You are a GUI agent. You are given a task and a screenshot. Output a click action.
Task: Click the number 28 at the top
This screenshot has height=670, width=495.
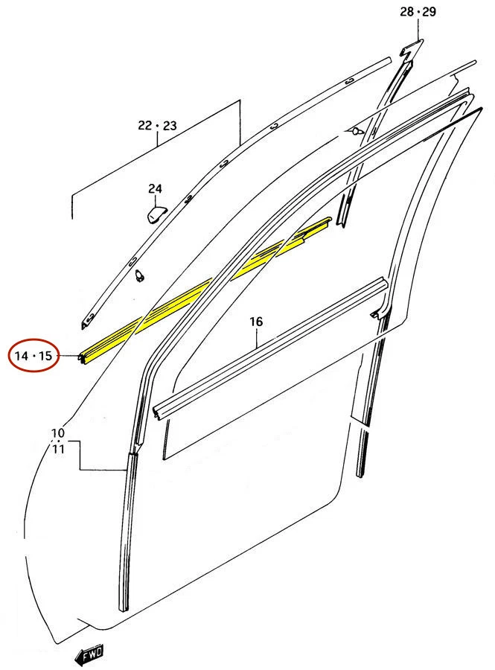406,11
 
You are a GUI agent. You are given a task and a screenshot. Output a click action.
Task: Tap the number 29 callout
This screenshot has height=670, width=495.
429,11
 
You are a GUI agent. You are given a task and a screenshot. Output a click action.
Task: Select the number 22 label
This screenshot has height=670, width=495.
144,126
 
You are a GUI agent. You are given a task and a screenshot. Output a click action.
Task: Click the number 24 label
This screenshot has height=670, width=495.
154,189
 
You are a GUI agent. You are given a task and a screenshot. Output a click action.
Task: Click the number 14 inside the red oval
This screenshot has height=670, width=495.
25,355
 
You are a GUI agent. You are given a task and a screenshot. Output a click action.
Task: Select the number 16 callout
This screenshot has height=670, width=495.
256,322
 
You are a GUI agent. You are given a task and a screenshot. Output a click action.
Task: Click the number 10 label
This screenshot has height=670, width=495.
58,433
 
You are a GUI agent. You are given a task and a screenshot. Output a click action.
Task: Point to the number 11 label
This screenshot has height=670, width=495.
58,448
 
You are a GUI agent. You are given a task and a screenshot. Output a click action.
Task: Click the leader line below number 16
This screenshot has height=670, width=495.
256,339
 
